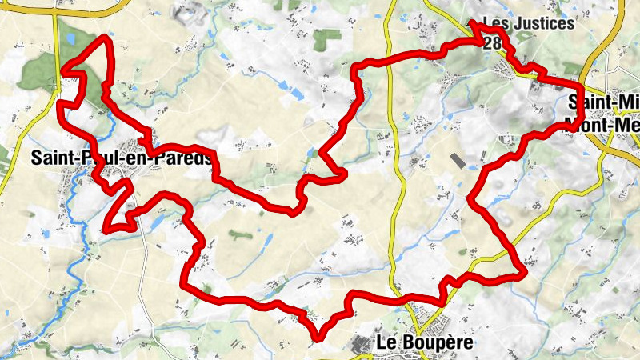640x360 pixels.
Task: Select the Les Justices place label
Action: [529, 23]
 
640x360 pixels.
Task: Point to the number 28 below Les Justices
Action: [493, 42]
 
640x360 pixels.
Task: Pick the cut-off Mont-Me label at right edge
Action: [602, 124]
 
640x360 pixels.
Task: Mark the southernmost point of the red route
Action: [318, 337]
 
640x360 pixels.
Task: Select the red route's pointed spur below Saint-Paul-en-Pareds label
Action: [106, 228]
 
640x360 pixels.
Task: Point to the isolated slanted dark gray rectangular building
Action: [458, 160]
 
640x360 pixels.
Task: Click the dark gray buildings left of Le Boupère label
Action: [360, 344]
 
